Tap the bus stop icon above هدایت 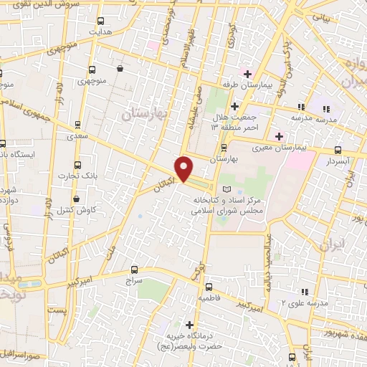coord(100,22)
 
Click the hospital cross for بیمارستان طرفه coord(248,74)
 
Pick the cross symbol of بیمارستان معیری coord(280,135)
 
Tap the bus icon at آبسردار coord(338,150)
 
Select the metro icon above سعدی coord(77,123)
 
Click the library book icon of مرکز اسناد coord(228,188)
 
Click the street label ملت coord(110,251)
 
